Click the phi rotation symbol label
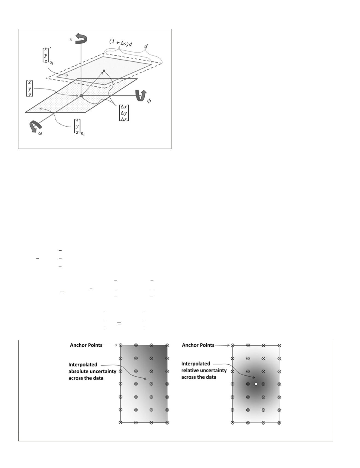(149, 101)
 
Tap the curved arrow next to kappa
(81, 37)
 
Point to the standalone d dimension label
(146, 46)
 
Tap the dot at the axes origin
(81, 96)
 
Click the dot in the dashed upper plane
(104, 71)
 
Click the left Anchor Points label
(86, 345)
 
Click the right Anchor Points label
(198, 345)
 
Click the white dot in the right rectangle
(256, 384)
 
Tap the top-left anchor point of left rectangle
(120, 345)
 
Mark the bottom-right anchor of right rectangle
(279, 423)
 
